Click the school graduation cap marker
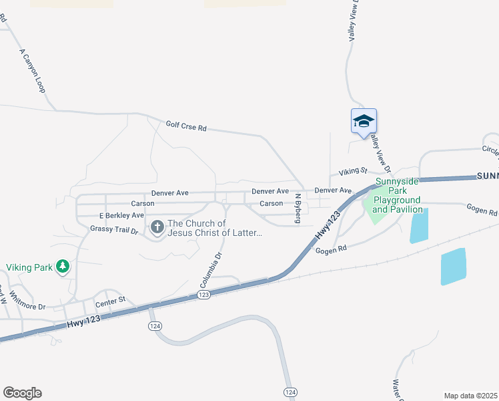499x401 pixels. tap(364, 121)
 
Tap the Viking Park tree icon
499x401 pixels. tap(63, 267)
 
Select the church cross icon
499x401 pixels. tap(157, 228)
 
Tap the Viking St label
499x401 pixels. tap(353, 172)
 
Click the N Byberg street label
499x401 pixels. tap(298, 209)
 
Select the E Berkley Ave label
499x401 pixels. tap(121, 216)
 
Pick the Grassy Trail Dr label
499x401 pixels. tap(113, 230)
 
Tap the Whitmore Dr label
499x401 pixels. tap(31, 307)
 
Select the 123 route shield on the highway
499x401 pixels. tap(204, 295)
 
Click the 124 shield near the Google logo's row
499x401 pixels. tap(289, 392)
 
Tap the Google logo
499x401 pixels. tap(22, 393)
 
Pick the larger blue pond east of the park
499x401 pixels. tap(453, 267)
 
